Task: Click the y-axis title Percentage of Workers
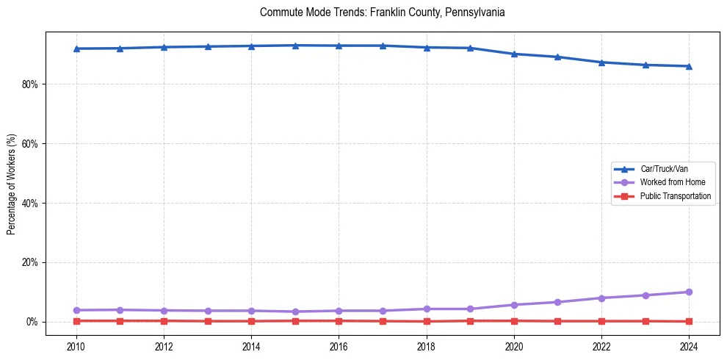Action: point(12,184)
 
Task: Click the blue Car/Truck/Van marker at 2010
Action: point(76,48)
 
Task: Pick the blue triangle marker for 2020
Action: point(514,54)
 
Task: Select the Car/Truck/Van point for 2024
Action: point(689,66)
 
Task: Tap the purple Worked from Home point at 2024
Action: point(689,292)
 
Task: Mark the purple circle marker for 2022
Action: point(601,298)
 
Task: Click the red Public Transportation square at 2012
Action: point(164,320)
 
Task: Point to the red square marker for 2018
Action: point(427,321)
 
